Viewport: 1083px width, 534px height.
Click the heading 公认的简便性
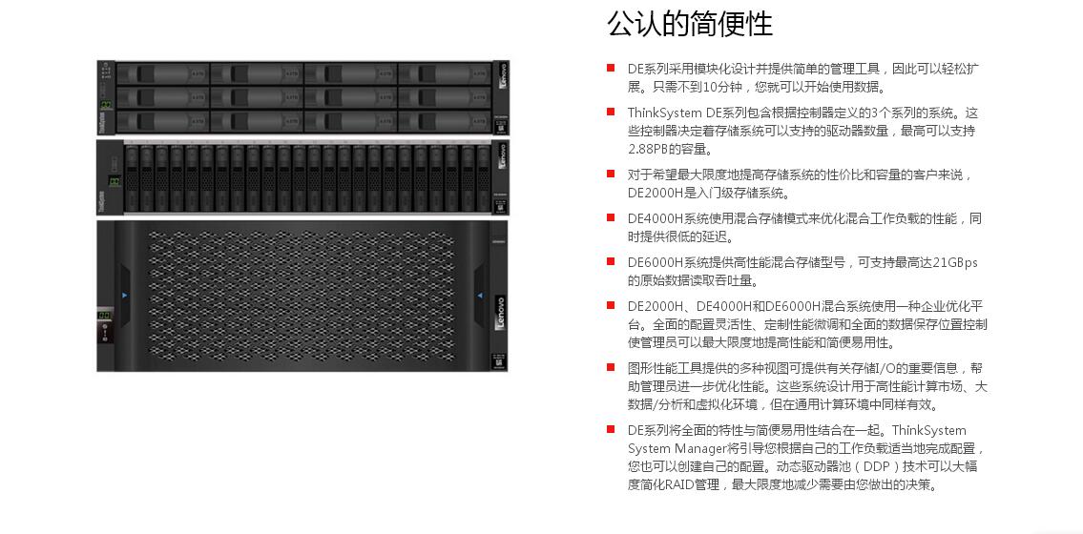pyautogui.click(x=689, y=24)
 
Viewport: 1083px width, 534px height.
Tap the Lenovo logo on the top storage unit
pyautogui.click(x=502, y=74)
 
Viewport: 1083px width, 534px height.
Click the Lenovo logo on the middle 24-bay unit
pyautogui.click(x=502, y=156)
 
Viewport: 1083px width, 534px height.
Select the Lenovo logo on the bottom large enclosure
pyautogui.click(x=500, y=313)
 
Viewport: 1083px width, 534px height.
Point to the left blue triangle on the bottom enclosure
pyautogui.click(x=124, y=296)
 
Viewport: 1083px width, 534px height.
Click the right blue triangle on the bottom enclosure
pyautogui.click(x=479, y=296)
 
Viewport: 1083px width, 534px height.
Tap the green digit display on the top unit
pyautogui.click(x=107, y=104)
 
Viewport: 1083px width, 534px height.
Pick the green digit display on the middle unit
pyautogui.click(x=114, y=182)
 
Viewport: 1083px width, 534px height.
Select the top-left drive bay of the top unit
pyautogui.click(x=162, y=73)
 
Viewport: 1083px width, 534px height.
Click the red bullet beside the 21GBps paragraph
pyautogui.click(x=611, y=261)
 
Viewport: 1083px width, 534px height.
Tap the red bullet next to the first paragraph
pyautogui.click(x=611, y=68)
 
